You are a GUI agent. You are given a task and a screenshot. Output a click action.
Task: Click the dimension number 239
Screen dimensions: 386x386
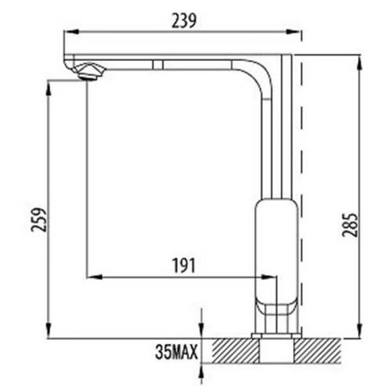184,22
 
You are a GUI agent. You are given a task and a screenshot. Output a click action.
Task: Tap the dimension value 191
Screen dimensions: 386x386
183,265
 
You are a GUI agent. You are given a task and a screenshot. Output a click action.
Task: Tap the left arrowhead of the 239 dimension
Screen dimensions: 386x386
70,32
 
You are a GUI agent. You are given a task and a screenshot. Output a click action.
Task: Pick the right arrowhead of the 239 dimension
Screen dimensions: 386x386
294,32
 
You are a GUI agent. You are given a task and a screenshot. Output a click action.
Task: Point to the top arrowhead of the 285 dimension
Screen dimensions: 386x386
359,62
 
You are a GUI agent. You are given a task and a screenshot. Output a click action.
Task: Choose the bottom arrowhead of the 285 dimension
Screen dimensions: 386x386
359,331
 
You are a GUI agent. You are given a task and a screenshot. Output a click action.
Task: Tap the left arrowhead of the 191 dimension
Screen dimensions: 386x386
94,277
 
